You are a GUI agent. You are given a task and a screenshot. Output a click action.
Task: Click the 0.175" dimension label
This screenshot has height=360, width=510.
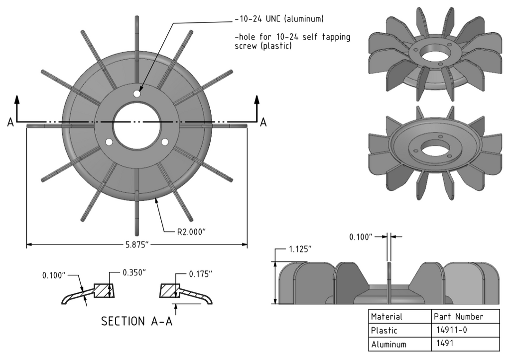pos(201,274)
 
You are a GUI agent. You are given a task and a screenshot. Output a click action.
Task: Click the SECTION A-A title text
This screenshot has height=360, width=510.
pos(137,321)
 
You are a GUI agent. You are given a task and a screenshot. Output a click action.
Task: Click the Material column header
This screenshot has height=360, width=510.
pos(386,317)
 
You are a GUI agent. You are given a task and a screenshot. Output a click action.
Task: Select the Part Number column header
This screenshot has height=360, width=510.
pos(458,317)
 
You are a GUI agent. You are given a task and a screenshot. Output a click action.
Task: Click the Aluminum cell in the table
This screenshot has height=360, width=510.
pos(388,344)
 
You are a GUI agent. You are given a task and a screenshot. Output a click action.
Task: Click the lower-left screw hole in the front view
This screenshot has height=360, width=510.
pos(109,142)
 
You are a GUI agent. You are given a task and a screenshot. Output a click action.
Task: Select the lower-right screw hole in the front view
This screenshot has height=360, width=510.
pos(165,142)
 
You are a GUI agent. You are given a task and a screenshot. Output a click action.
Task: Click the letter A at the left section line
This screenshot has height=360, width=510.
pos(10,122)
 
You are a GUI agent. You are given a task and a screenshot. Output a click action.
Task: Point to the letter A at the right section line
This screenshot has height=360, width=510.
pos(263,122)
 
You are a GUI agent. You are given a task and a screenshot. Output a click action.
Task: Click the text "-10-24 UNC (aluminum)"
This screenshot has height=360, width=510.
pos(279,19)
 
